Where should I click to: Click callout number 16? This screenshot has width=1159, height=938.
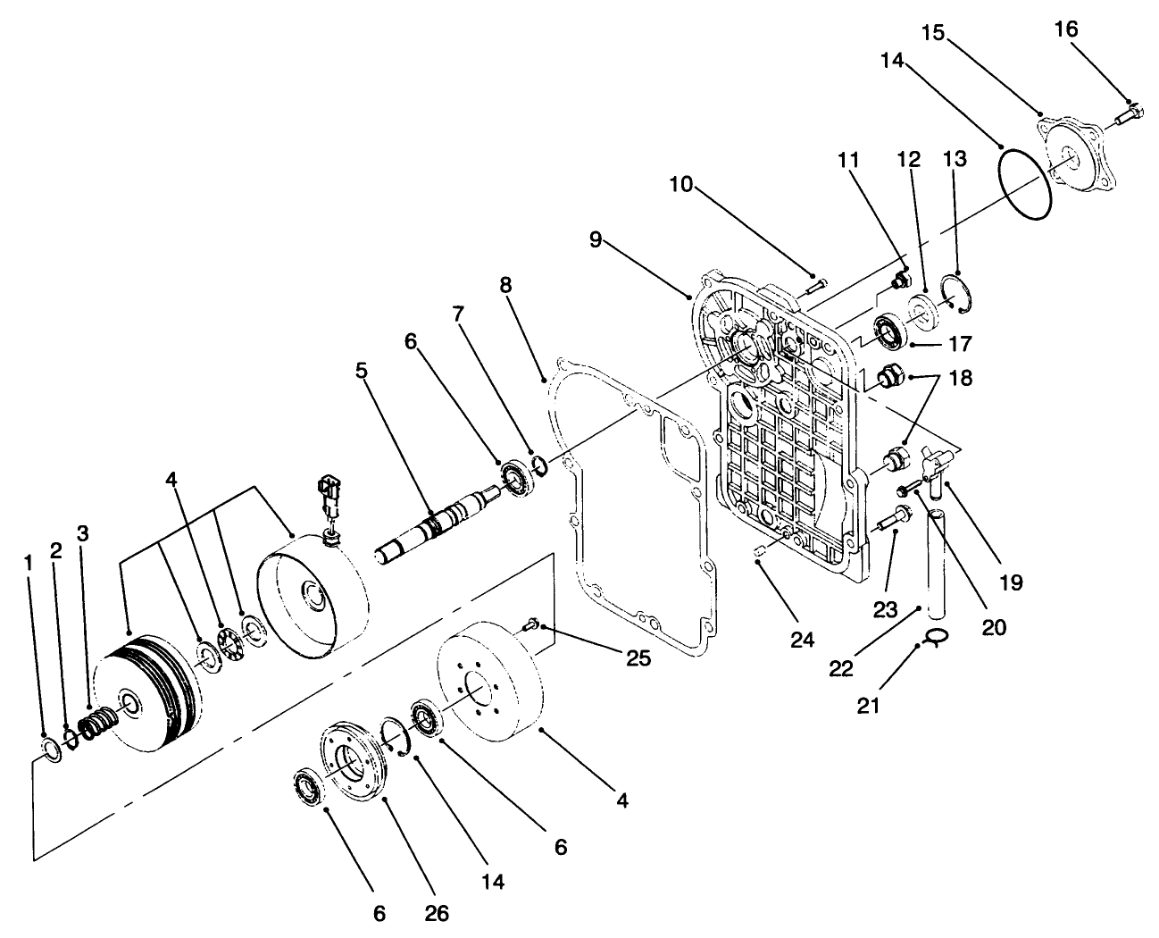pos(1065,29)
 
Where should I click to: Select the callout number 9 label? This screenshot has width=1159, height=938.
pos(596,239)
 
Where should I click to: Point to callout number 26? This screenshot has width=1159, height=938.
pos(437,913)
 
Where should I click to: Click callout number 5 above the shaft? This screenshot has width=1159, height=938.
pos(361,369)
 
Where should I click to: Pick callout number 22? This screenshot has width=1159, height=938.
pos(841,668)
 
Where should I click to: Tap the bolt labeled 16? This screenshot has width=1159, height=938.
pos(1127,113)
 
